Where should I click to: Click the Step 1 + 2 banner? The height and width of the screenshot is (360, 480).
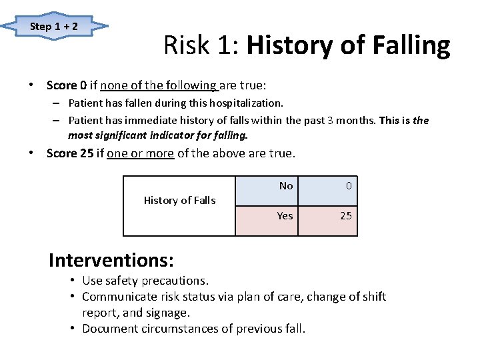click(x=54, y=27)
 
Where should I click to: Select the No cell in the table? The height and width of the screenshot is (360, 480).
click(x=286, y=186)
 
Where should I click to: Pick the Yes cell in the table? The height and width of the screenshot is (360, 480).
click(x=285, y=215)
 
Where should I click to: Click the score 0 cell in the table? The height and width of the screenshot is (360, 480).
click(x=348, y=186)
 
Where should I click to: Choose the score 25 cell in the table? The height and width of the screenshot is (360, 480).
click(x=346, y=215)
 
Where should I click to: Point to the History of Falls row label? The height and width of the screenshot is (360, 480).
click(x=180, y=200)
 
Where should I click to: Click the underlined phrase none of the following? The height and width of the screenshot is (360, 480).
click(x=159, y=85)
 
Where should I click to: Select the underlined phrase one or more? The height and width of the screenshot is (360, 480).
click(x=140, y=153)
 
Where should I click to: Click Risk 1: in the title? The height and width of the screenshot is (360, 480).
click(x=202, y=46)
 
